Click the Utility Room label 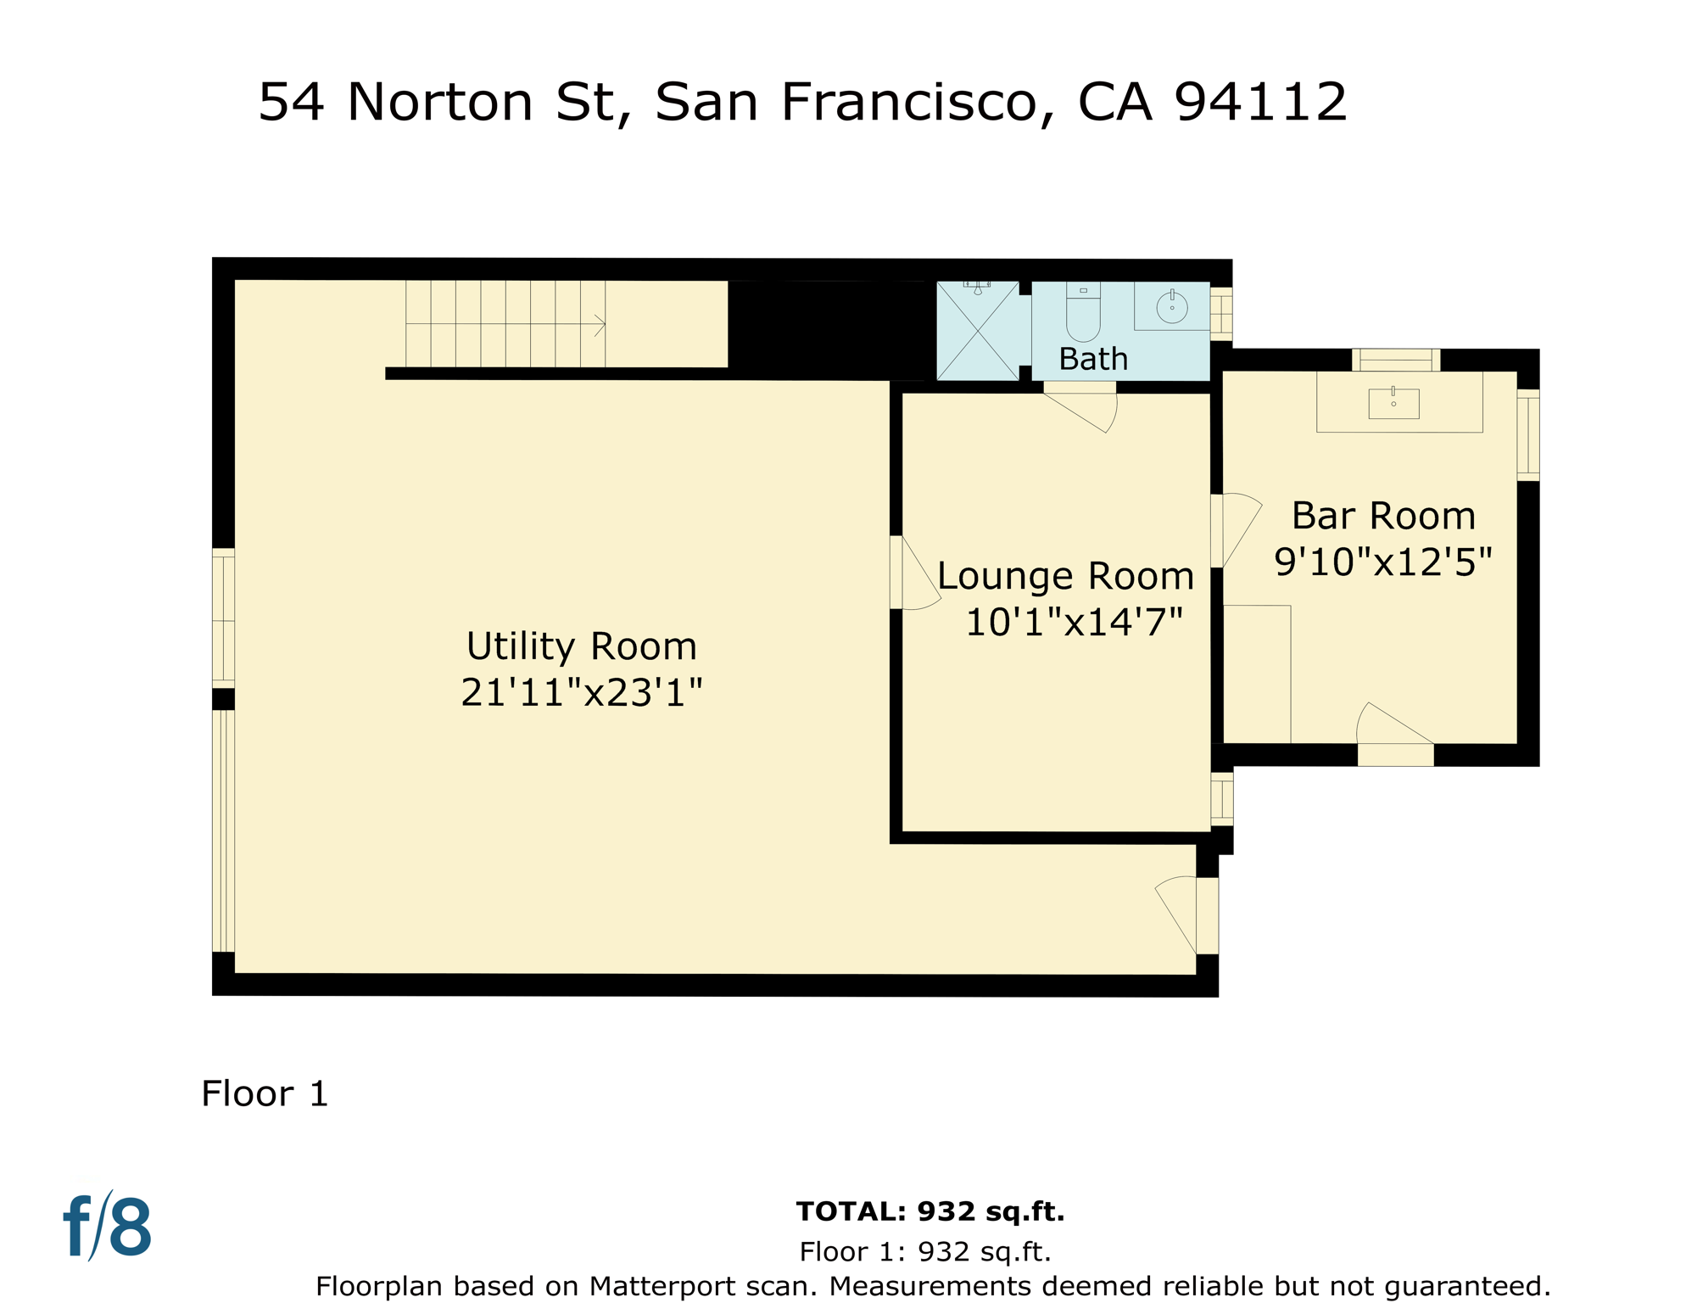pos(581,646)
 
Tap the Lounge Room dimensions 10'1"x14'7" pos(1074,623)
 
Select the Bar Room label pos(1383,516)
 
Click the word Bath pos(1093,359)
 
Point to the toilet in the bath pos(1083,314)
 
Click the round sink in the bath pos(1171,307)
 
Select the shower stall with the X pos(978,331)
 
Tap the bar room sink pos(1393,404)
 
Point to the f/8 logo pos(108,1227)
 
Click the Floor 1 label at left pos(265,1093)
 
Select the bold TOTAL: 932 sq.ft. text pos(930,1211)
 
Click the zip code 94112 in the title pos(1260,102)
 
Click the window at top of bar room pos(1395,360)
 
